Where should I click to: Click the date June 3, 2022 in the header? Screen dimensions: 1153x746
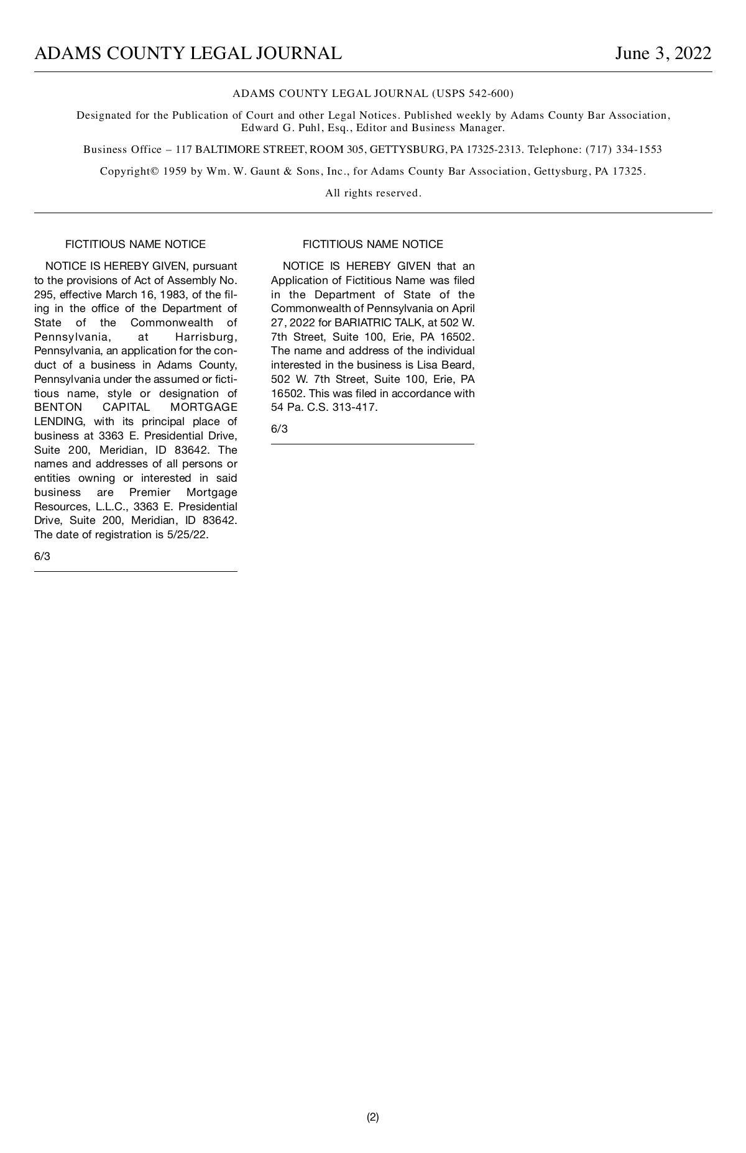(663, 54)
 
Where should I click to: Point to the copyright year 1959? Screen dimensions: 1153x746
(175, 172)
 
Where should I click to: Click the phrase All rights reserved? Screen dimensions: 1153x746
(373, 193)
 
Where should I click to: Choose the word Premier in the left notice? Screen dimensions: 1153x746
(149, 493)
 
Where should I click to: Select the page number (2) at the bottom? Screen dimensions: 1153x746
(372, 1117)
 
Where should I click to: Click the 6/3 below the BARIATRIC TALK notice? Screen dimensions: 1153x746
(279, 430)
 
